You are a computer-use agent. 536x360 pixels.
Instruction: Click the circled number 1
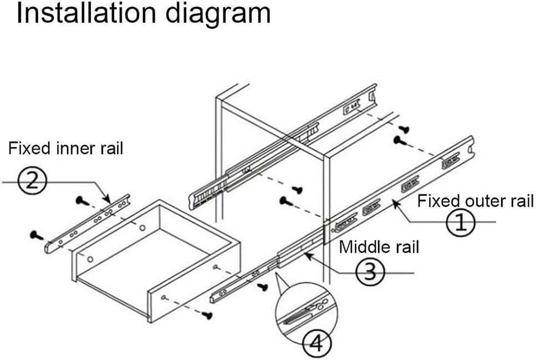pos(461,222)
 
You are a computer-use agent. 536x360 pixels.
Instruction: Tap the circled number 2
pos(32,180)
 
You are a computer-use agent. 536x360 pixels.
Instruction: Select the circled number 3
pos(370,272)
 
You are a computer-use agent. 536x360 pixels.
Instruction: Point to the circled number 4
pos(317,343)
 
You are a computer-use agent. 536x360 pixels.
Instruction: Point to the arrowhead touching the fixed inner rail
pos(107,199)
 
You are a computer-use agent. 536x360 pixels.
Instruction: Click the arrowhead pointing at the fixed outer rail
pos(396,204)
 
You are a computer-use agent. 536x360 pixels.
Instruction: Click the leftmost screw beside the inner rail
pos(36,235)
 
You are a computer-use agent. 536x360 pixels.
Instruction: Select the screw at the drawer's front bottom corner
pos(206,315)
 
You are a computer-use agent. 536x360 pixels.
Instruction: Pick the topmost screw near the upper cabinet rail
pos(404,129)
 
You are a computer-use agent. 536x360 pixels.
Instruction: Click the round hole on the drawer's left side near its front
pos(90,259)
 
